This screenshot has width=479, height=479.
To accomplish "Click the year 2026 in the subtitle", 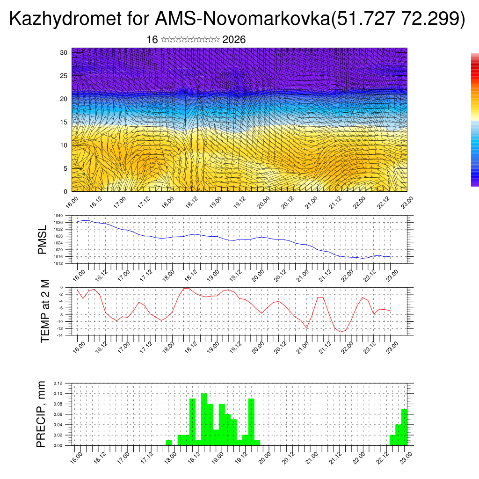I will (234, 40).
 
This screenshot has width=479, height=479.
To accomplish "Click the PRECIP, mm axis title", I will (42, 414).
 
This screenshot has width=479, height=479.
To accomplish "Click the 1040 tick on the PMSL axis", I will (58, 216).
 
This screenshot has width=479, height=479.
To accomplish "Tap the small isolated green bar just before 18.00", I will (169, 443).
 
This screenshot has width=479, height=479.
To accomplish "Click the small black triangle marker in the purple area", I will (363, 87).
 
